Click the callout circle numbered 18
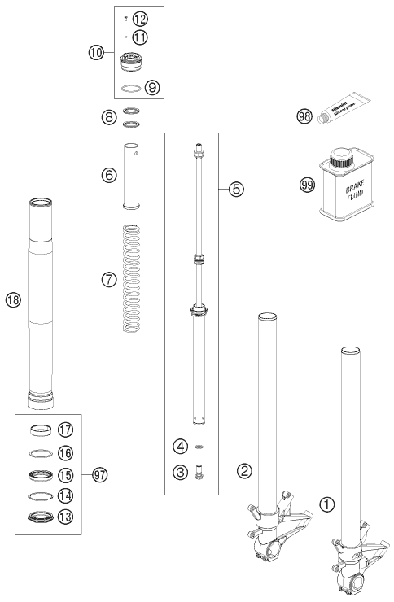tap(12, 300)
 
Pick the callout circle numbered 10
tap(96, 53)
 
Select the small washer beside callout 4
tap(199, 447)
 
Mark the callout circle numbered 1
tap(326, 505)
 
